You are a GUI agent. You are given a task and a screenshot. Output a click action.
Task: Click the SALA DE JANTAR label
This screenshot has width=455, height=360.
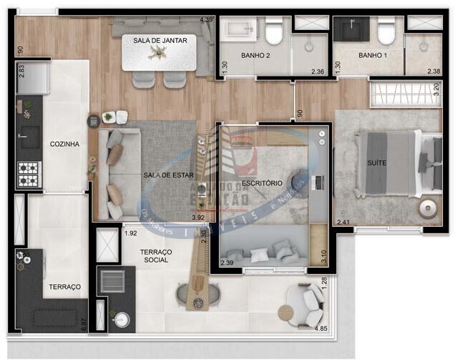(x=160, y=41)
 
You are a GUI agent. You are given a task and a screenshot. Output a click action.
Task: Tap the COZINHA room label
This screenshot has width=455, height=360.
(x=64, y=144)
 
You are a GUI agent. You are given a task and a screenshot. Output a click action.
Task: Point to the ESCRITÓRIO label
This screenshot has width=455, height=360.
(x=261, y=184)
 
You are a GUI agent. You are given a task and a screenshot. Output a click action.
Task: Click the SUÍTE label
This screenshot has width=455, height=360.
(x=376, y=163)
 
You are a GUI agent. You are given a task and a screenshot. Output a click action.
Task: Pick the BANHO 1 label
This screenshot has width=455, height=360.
(x=373, y=55)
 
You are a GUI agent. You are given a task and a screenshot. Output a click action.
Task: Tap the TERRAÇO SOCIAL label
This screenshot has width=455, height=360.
(x=155, y=256)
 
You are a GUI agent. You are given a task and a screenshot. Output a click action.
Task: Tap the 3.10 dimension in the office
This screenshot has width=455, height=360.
(x=323, y=253)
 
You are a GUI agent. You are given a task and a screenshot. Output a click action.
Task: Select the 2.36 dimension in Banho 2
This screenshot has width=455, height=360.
(x=318, y=71)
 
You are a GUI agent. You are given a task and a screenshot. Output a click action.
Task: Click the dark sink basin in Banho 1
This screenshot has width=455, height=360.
(x=353, y=30)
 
